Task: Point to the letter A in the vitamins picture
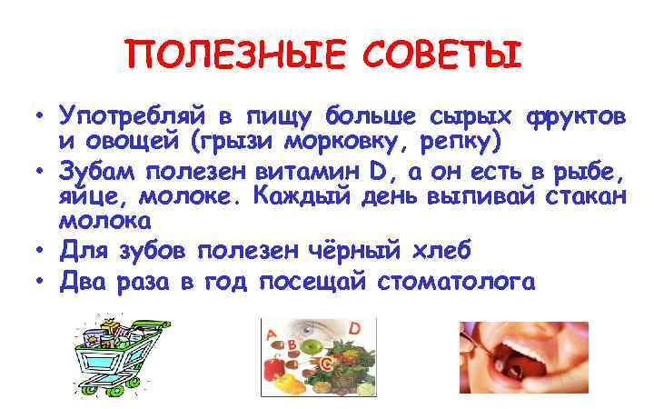(x=271, y=335)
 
